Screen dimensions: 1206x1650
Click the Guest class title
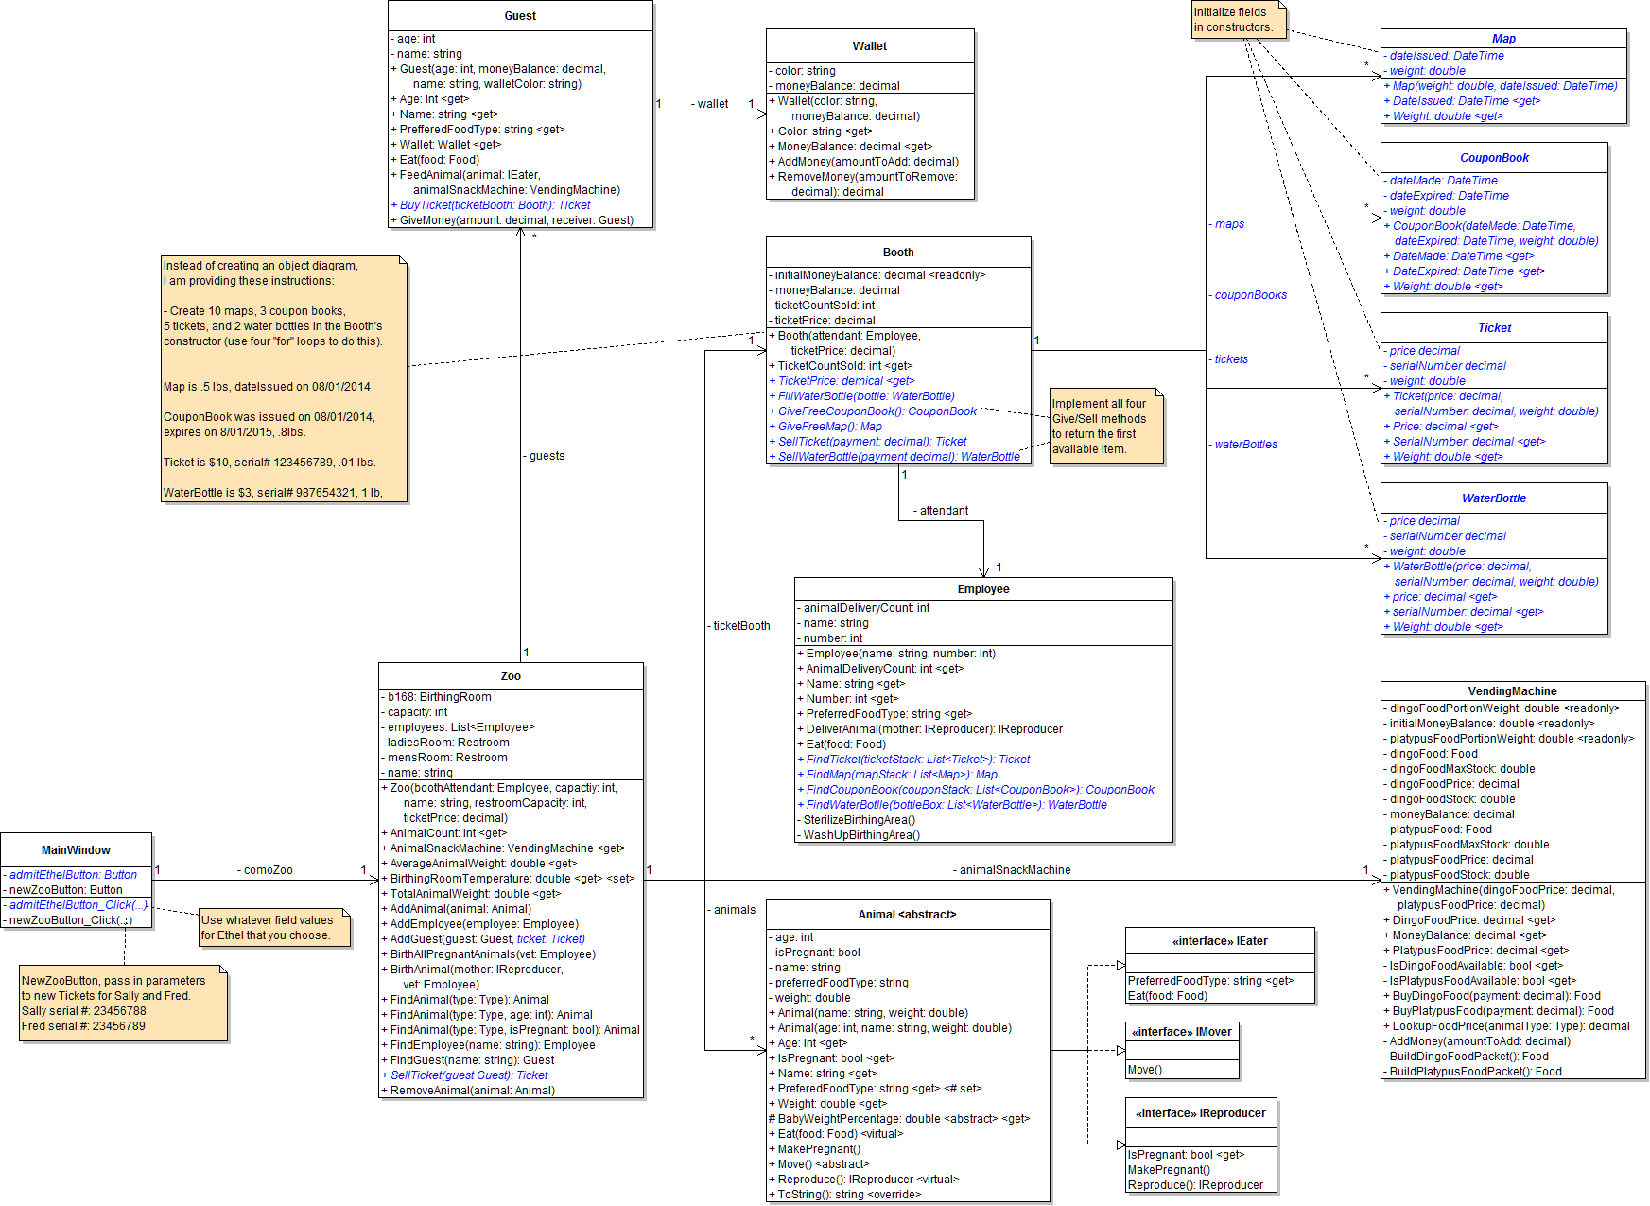coord(520,16)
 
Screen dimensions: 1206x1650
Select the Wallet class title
coord(870,46)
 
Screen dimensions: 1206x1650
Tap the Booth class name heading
coord(898,253)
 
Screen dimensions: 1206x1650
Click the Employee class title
coord(983,589)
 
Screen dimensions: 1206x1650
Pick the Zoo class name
coord(511,676)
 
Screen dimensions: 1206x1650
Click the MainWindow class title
coord(76,850)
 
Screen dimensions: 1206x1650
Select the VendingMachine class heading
coord(1512,691)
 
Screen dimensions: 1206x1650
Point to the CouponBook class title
coord(1494,158)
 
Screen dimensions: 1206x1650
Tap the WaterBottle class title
coord(1494,498)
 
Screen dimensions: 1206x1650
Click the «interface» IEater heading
coord(1220,941)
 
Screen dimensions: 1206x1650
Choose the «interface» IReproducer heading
coord(1201,1113)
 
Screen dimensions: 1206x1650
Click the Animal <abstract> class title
coord(908,915)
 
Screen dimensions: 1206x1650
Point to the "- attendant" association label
coord(941,511)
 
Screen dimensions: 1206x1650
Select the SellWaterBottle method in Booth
coord(898,457)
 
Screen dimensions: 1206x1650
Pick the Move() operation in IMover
coord(1145,1070)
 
